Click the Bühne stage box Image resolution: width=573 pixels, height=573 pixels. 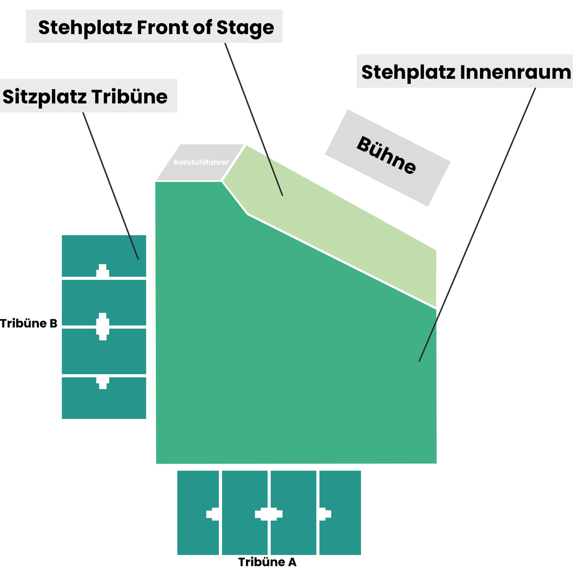point(387,158)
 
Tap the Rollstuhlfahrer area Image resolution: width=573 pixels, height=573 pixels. point(201,162)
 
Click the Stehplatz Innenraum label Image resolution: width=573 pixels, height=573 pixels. point(466,72)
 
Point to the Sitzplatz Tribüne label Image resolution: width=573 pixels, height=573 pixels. point(86,96)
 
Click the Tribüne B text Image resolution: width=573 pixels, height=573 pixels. point(29,323)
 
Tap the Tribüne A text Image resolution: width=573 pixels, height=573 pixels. point(267,562)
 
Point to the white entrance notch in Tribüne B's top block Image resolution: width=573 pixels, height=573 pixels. point(103,271)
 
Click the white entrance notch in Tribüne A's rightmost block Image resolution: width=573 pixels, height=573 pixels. point(325,514)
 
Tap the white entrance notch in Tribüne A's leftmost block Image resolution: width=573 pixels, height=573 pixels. point(213,514)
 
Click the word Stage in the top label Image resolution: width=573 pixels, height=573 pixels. point(245,28)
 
